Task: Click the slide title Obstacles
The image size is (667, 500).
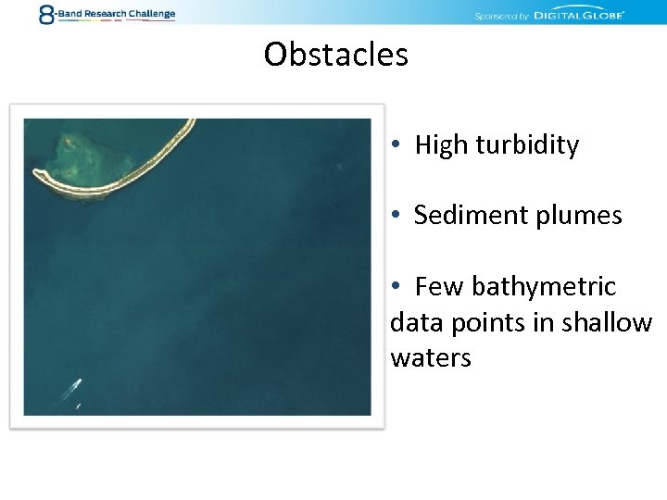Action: (x=335, y=55)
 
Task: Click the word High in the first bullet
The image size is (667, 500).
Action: (x=442, y=145)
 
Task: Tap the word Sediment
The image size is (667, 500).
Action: (x=459, y=216)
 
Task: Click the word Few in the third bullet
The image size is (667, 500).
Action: (x=439, y=287)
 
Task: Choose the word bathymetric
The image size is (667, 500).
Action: (x=544, y=287)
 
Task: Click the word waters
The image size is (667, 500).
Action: (x=431, y=358)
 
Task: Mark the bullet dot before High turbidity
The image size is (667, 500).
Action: (x=396, y=145)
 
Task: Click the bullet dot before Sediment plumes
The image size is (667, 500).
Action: (x=396, y=216)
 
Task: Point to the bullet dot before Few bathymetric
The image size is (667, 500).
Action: (x=396, y=287)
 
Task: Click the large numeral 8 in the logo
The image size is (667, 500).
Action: (x=46, y=14)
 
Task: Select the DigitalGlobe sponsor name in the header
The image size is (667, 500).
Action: (x=582, y=15)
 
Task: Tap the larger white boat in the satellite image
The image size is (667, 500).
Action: (x=73, y=386)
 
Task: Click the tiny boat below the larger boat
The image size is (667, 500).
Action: (x=78, y=406)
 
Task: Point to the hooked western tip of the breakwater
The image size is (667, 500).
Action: (x=40, y=173)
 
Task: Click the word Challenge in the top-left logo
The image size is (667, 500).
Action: (x=151, y=14)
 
